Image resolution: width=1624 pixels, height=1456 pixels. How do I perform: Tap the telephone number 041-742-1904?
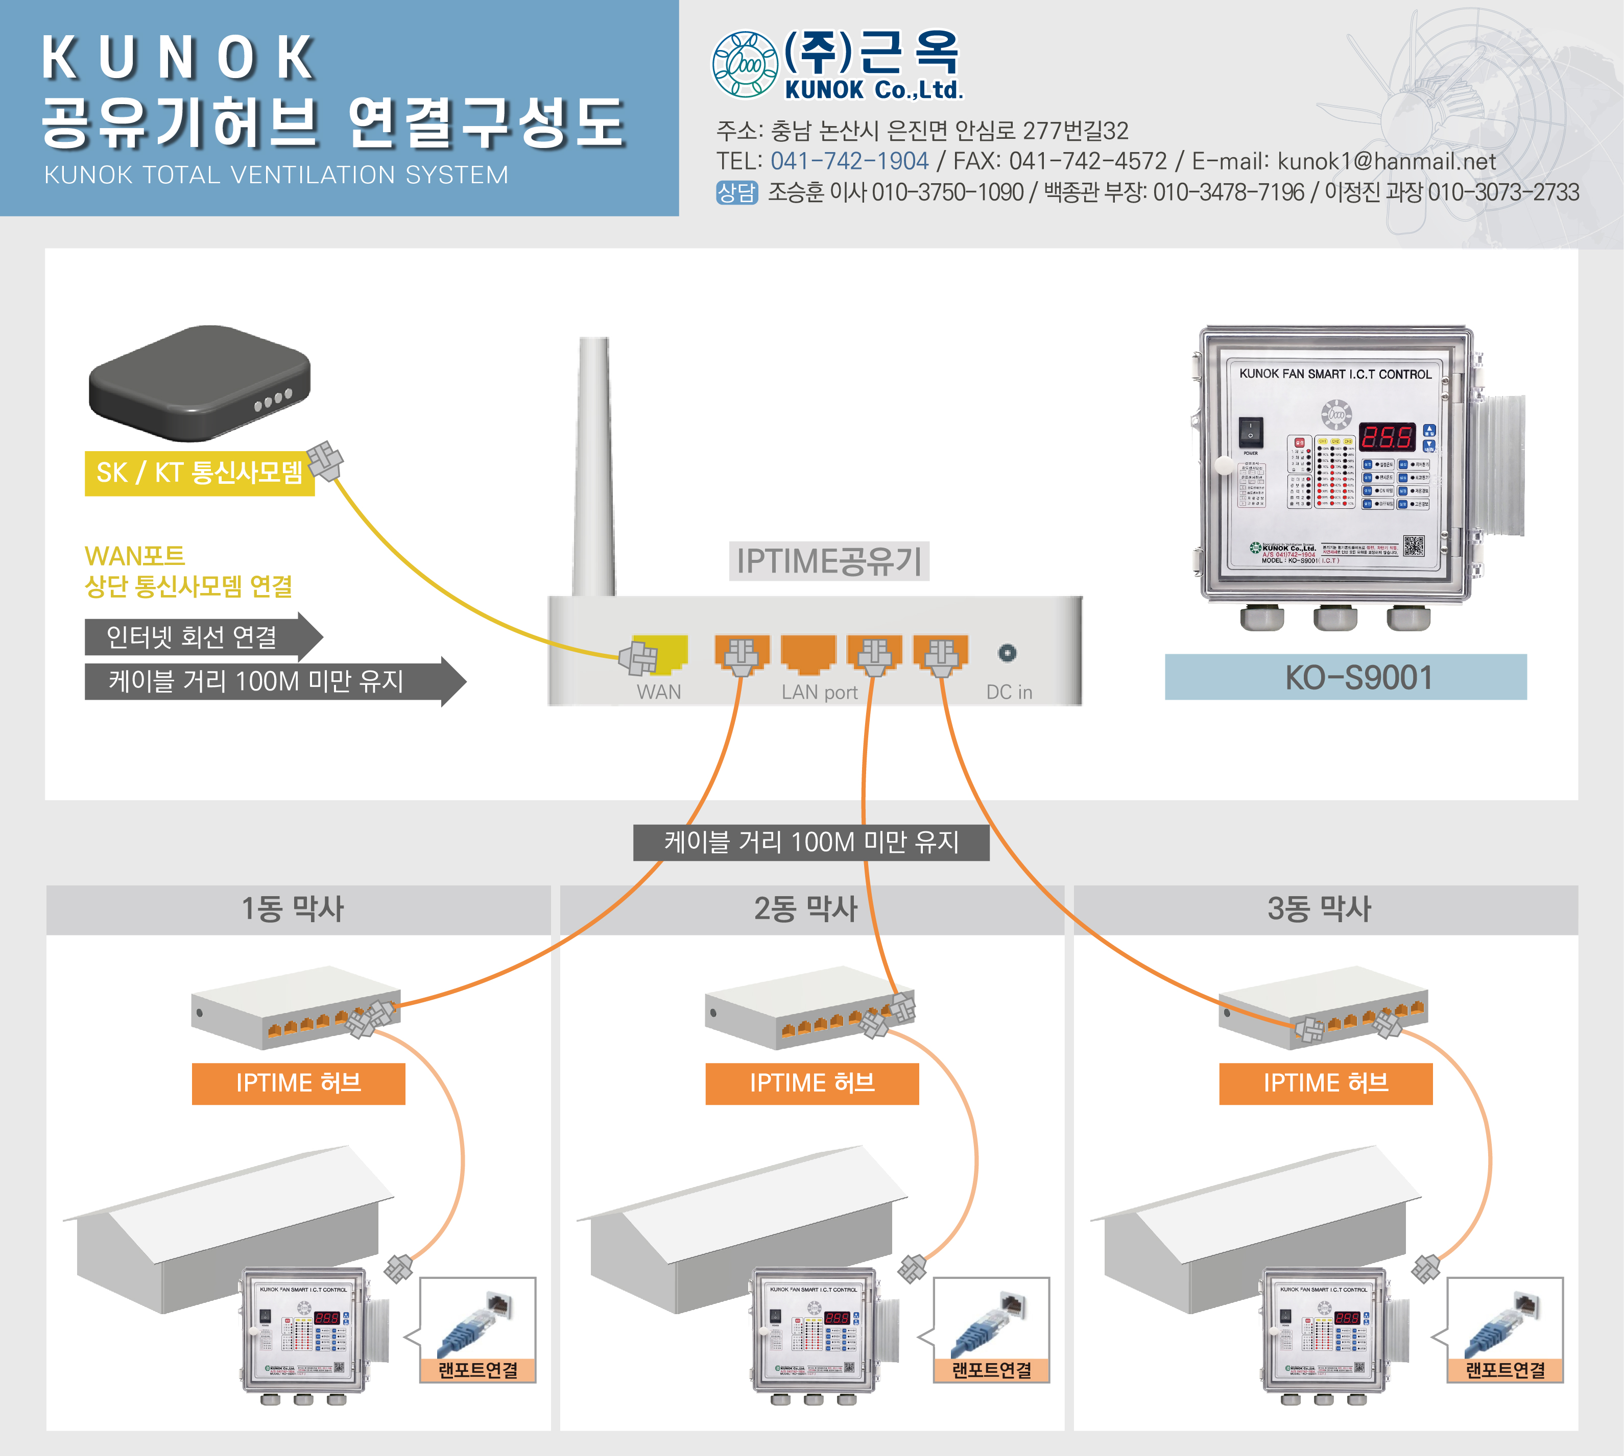coord(849,161)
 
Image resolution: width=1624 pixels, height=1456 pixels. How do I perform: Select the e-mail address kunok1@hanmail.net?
coord(1387,161)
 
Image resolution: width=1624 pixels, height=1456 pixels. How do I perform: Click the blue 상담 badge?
coord(736,192)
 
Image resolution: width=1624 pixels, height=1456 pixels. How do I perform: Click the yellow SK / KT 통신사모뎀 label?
coord(199,473)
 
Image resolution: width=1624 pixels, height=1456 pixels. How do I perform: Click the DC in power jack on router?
coord(1007,653)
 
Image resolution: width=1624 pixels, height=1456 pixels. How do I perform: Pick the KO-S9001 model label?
coord(1345,677)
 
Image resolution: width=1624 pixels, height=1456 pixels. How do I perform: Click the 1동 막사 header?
coord(294,909)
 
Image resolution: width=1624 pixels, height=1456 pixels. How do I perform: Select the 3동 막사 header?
coord(1320,909)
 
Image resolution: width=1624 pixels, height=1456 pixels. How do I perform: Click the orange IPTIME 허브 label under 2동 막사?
coord(811,1083)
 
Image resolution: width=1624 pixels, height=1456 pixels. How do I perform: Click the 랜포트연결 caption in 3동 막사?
coord(1504,1370)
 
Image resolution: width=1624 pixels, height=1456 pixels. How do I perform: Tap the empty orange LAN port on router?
coord(807,652)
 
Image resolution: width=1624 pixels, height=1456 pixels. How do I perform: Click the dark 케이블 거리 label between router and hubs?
coord(811,842)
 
